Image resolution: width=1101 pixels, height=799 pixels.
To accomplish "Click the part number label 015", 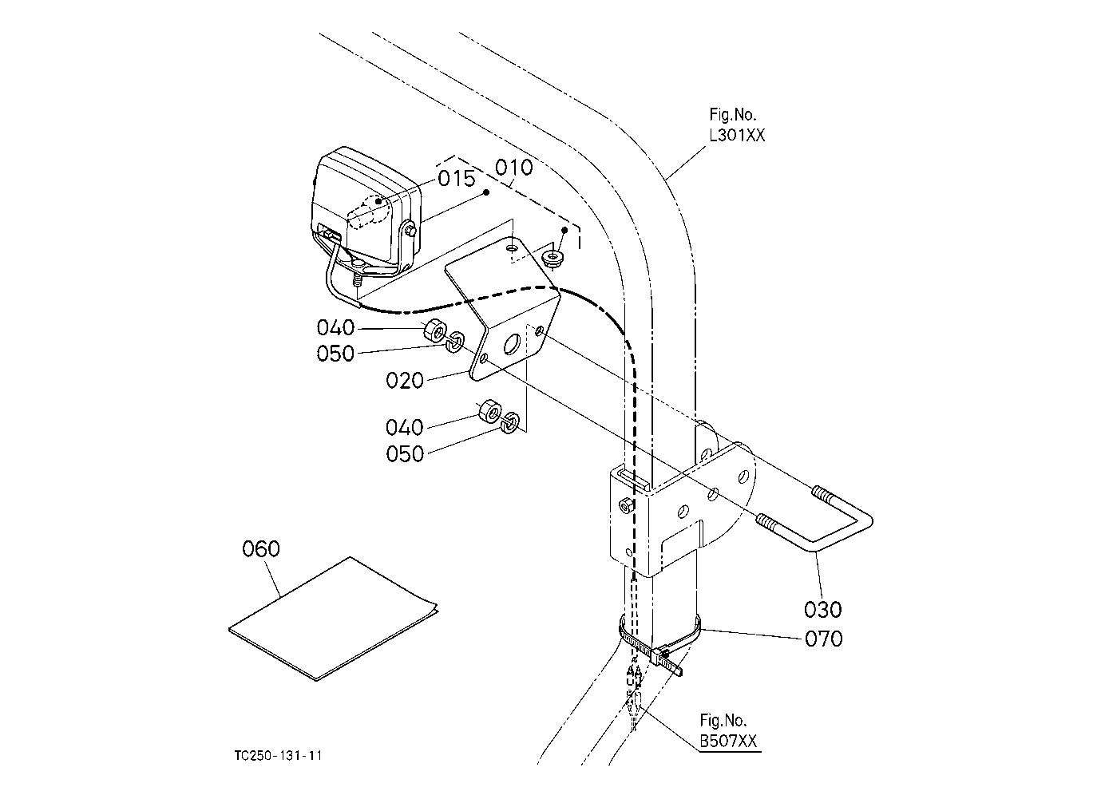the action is coord(456,178).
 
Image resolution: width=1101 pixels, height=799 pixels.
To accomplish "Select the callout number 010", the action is coord(513,168).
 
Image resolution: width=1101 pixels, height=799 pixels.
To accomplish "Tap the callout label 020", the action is coord(405,380).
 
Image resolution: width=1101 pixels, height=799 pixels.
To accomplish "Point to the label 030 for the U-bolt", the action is coord(823,610).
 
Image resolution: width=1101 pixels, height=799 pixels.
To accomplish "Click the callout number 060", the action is coord(261,548).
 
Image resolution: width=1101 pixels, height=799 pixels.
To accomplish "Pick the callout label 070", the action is coord(824,639).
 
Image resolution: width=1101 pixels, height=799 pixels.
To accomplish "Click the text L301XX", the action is coord(737,135).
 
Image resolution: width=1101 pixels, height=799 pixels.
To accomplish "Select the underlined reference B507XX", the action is coord(728,741).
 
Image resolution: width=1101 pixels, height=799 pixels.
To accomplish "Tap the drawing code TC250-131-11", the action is coord(278,755).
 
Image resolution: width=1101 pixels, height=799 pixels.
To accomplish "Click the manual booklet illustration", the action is coord(333,619).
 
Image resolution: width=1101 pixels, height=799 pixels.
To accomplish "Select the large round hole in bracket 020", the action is coord(512,345).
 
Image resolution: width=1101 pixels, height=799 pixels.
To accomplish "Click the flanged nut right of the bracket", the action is coord(552,258).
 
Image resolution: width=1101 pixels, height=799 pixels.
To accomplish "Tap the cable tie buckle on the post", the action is coord(659,655).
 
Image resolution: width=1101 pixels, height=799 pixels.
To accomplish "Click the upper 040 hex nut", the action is coord(434,330).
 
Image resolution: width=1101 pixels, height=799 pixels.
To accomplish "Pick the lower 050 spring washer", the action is coord(509,422).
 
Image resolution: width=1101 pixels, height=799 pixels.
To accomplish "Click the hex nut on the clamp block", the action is coord(626,504).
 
